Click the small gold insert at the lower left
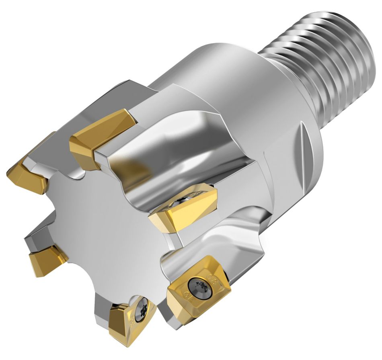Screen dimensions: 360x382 pyautogui.click(x=46, y=259)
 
